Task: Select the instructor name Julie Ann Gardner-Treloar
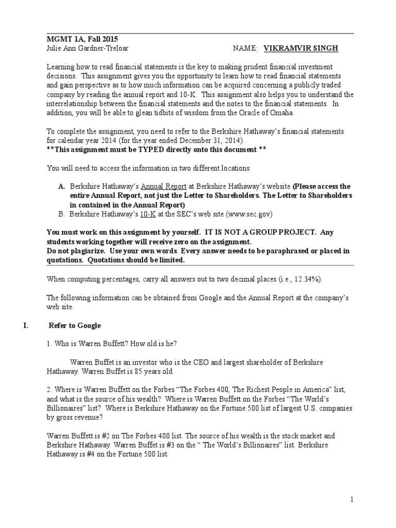coord(91,48)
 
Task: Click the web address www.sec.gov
coord(243,213)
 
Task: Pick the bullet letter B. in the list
coord(61,213)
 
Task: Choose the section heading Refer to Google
coord(75,325)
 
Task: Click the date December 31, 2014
coord(206,141)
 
